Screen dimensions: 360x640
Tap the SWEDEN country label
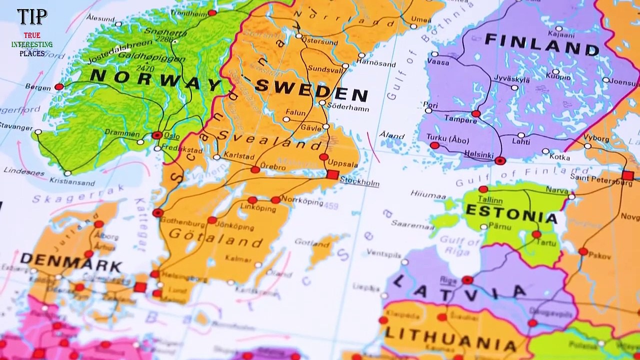click(312, 90)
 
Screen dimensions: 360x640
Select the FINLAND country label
click(542, 44)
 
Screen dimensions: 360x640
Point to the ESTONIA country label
click(511, 214)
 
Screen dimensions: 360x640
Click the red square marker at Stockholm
click(332, 174)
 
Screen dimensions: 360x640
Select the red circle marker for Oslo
click(157, 135)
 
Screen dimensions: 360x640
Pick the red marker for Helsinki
click(500, 160)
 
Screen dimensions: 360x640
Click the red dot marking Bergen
click(59, 87)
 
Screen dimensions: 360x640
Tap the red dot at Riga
click(467, 280)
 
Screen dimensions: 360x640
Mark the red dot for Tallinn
click(483, 189)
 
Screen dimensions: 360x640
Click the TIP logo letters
click(32, 17)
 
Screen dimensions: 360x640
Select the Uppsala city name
click(342, 164)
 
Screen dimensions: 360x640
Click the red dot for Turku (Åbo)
click(434, 145)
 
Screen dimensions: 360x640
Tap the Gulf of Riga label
click(459, 246)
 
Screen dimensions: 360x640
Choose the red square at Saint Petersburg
click(627, 175)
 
